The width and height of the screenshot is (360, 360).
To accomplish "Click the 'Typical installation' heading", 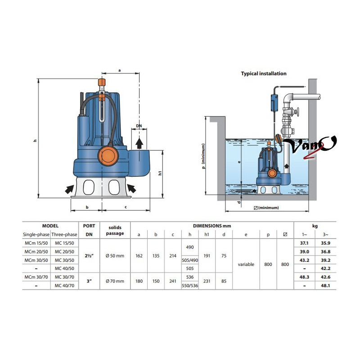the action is tap(264, 74).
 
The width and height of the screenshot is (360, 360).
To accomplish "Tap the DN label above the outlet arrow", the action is tap(139, 126).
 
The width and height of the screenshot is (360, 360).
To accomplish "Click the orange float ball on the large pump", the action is tap(108, 156).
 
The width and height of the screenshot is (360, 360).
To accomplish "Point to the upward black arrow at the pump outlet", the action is tap(139, 144).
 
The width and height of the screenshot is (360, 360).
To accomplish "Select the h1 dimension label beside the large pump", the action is tap(160, 173).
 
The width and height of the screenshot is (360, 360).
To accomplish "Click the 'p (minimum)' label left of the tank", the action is tap(203, 156).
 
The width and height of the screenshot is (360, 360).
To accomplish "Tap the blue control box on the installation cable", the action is tap(274, 103).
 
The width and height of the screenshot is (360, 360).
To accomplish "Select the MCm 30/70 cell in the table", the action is tap(36, 277).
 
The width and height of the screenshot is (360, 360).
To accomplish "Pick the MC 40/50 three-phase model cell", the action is tap(64, 268).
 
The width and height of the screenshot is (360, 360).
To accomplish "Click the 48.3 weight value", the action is tap(304, 277).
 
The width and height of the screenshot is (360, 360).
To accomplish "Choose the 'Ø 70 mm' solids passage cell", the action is tap(115, 281).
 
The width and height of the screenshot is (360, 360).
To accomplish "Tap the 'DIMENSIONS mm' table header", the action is tap(212, 226).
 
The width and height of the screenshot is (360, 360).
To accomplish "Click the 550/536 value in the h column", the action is tap(190, 286).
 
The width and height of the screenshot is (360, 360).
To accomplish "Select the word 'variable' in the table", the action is tap(246, 264).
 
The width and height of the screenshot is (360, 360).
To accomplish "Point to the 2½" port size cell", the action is tap(89, 256).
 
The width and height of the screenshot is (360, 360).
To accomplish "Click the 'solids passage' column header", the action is tap(115, 230).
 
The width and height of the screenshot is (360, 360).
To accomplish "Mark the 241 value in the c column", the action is tap(173, 281).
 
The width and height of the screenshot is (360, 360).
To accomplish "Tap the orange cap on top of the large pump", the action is tap(102, 82).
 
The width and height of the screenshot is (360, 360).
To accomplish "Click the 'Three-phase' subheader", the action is tap(64, 234).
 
